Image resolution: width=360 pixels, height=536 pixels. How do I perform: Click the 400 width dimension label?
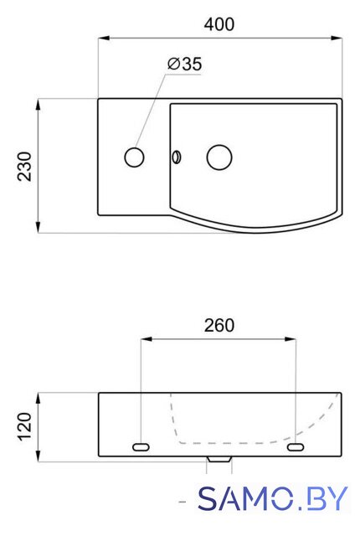tap(219, 24)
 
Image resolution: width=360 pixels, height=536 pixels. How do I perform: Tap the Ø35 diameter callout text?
tap(185, 64)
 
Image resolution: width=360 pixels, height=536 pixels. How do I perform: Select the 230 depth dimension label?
tap(24, 166)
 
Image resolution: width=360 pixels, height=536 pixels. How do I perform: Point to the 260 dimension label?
tap(219, 326)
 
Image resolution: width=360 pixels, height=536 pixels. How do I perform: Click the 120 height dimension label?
tap(24, 427)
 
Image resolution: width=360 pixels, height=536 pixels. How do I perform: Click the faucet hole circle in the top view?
tap(134, 157)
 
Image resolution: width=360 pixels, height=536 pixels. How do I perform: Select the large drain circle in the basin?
tap(219, 157)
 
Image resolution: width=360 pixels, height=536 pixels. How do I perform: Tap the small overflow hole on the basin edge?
tap(177, 157)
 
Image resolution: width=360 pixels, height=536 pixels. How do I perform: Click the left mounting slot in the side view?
tap(141, 446)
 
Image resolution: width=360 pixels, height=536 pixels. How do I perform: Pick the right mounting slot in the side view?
tap(296, 446)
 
